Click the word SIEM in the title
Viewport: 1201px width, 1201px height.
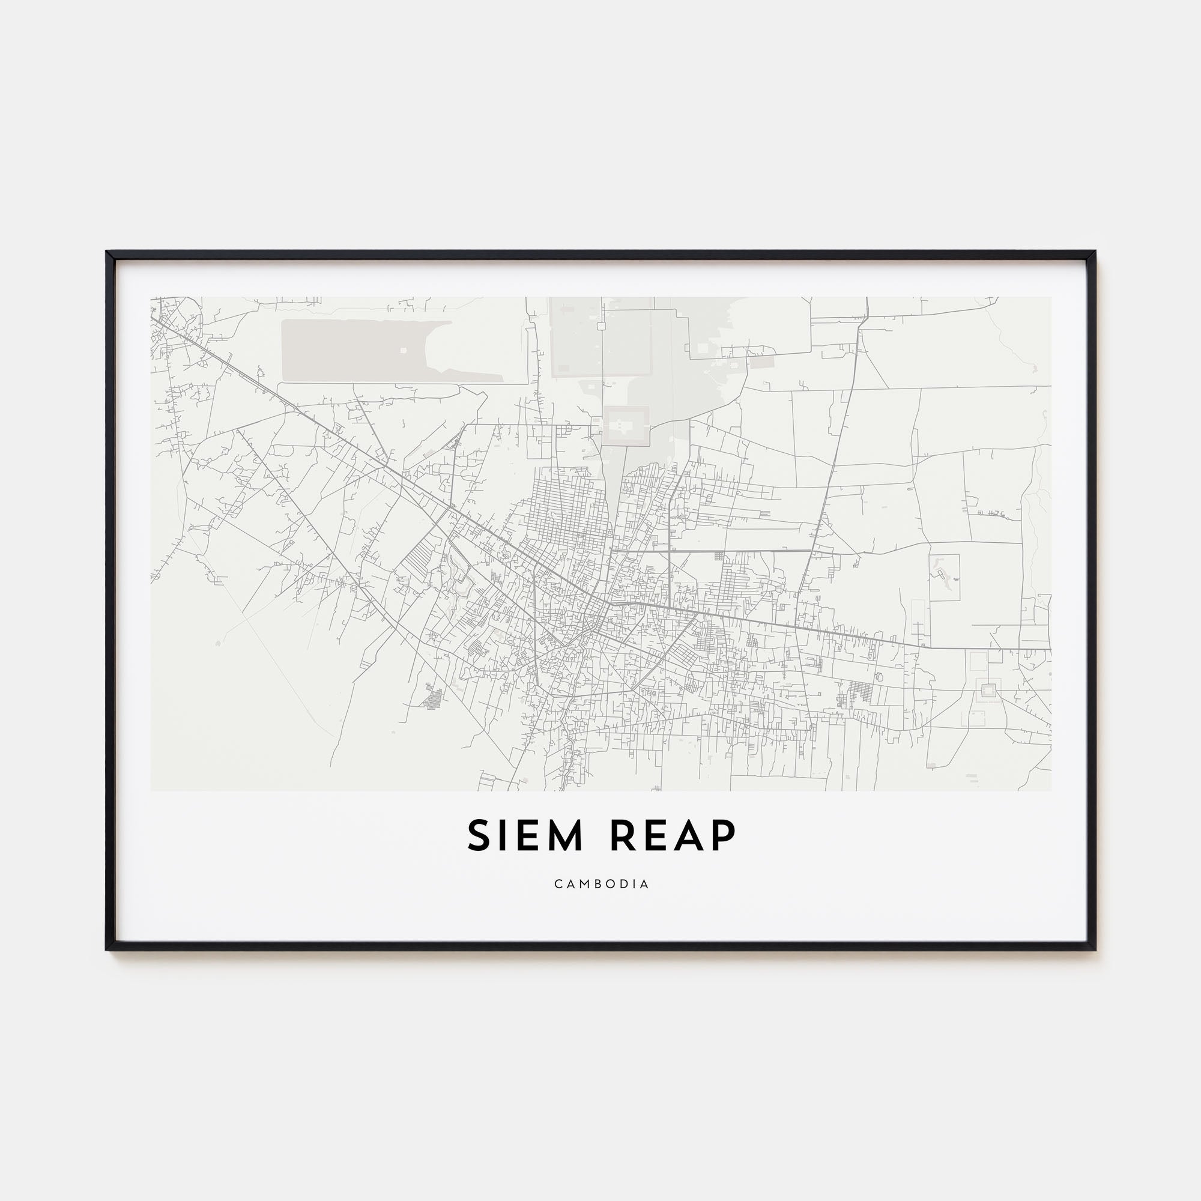coord(525,835)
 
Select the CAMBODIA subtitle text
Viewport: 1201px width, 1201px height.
coord(601,884)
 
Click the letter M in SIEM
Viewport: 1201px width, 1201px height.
coord(562,835)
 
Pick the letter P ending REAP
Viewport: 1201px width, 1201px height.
coord(724,835)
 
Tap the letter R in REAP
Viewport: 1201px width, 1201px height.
coord(624,835)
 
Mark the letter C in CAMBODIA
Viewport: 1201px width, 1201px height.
coord(558,884)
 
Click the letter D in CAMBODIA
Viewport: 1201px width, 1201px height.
coord(622,884)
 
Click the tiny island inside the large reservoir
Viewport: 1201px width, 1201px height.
coord(403,350)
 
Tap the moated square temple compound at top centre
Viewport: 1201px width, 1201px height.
coord(626,426)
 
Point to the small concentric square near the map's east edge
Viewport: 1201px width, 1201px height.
coord(987,688)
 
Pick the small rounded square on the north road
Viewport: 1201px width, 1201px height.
coord(601,325)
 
